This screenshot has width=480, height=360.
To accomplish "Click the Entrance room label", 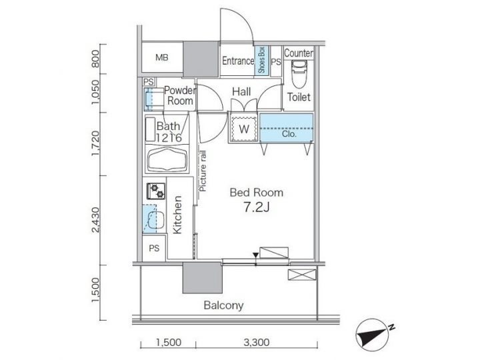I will click(237, 61).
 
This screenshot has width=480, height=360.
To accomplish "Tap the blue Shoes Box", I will click(262, 61).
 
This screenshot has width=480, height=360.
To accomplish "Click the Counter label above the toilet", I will click(299, 53).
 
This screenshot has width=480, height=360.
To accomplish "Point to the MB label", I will click(162, 58).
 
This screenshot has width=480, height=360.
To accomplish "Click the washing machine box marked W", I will click(243, 128).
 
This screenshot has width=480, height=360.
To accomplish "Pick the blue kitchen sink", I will click(152, 219).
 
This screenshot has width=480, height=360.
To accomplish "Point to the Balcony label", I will click(223, 306).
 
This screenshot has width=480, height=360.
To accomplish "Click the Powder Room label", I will click(179, 96).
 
